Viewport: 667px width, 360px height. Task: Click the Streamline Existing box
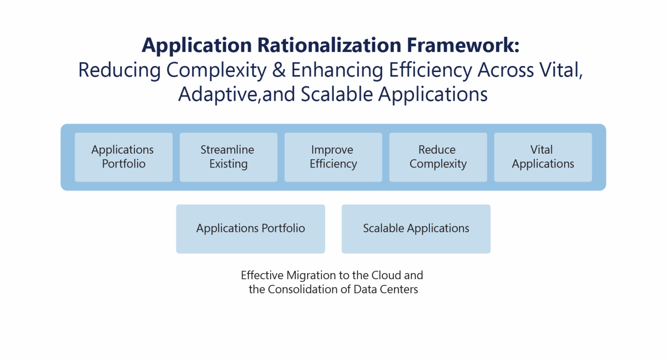(228, 157)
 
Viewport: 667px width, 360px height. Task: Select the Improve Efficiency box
(333, 157)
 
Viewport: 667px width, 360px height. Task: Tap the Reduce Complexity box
(438, 157)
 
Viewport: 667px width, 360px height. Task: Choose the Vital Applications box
(543, 157)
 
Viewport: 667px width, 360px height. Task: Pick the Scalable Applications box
(416, 229)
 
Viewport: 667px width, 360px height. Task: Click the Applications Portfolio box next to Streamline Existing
(123, 157)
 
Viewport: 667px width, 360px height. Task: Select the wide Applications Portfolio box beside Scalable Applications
(251, 229)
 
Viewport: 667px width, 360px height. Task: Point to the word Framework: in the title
(463, 45)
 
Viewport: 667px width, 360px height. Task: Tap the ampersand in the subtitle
(279, 70)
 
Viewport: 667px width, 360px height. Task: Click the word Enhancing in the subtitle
(337, 70)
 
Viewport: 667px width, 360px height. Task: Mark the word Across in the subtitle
(505, 70)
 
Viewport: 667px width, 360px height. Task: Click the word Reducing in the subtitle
(119, 70)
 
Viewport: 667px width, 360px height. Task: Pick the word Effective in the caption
(262, 275)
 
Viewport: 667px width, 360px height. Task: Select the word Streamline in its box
(227, 150)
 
